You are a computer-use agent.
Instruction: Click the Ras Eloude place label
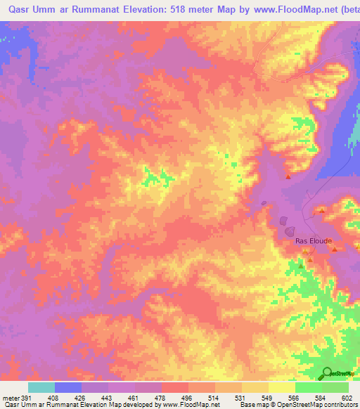312,240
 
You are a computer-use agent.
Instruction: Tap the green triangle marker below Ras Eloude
302,266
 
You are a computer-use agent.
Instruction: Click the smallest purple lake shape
264,204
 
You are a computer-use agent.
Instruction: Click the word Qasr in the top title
14,10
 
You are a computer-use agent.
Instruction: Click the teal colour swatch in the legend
41,387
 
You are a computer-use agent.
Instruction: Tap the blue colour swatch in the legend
68,387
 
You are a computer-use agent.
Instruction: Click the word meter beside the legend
9,398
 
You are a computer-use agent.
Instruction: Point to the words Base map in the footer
254,405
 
